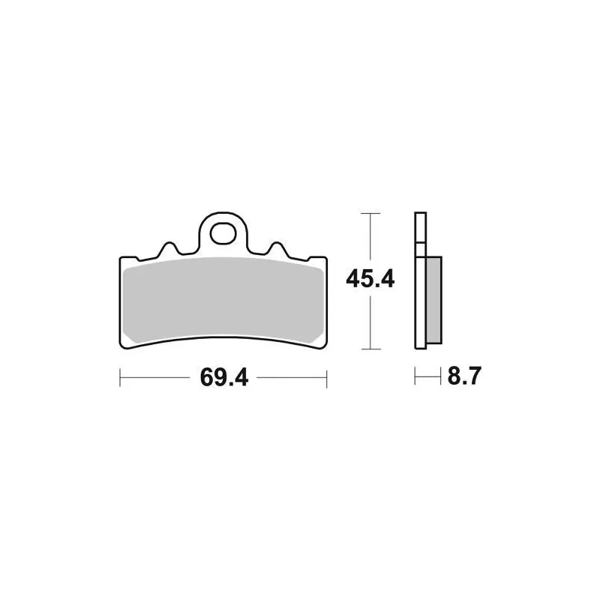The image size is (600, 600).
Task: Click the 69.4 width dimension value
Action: (x=224, y=377)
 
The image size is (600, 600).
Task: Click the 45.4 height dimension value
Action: (x=370, y=279)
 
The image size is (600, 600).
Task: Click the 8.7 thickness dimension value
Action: (x=464, y=376)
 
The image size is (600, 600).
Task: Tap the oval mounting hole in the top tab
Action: (x=223, y=233)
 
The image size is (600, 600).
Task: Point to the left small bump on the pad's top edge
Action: (x=168, y=249)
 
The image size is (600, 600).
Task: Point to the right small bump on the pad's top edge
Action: (x=277, y=249)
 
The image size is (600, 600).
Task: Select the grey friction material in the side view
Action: (x=434, y=300)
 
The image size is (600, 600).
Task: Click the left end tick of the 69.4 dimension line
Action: (x=120, y=378)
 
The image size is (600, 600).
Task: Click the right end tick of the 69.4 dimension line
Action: (x=327, y=378)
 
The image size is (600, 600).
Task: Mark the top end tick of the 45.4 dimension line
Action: (x=370, y=213)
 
